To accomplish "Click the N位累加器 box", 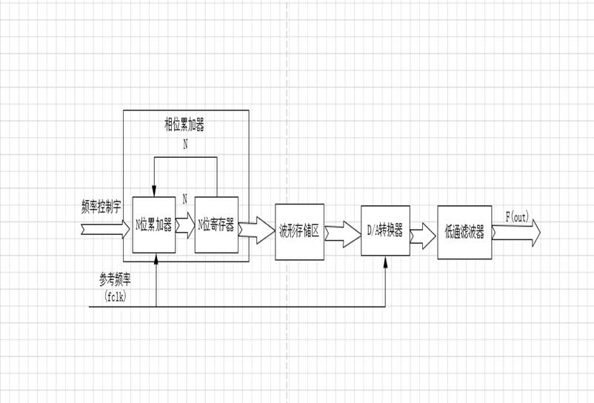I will pos(153,225).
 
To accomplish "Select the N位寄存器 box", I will pos(216,225).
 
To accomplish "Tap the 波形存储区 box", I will pos(299,231).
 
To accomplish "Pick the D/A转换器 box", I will pos(385,231).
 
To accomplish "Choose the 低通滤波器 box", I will pos(464,233).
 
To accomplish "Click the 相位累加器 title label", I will pos(184,124).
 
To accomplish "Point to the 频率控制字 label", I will pos(101,206).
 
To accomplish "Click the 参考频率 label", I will pos(115,279).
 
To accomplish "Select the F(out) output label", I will pos(517,217).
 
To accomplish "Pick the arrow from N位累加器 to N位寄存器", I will pos(185,225).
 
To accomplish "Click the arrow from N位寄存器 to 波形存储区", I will pos(256,230).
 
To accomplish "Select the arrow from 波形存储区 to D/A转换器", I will pos(342,234).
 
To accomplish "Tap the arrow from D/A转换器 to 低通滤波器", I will pos(422,236).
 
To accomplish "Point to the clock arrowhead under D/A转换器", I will pos(386,261).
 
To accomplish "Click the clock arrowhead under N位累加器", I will pos(156,258).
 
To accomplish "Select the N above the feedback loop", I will pos(185,144).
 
